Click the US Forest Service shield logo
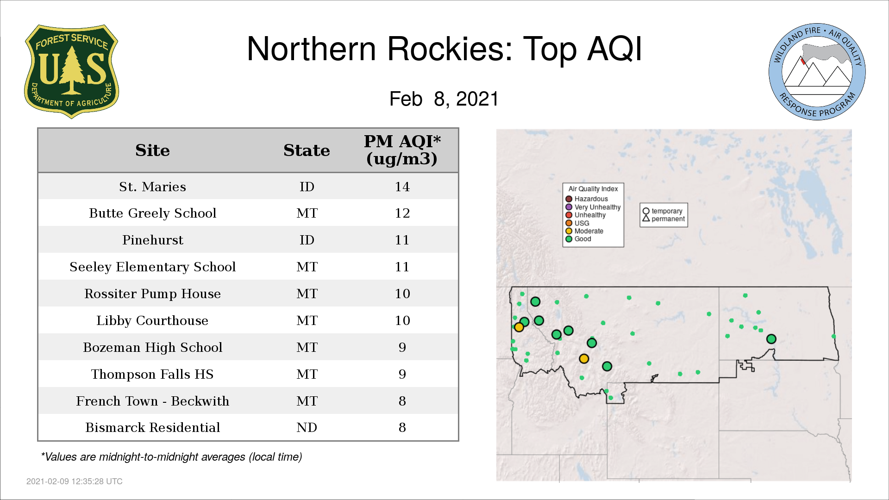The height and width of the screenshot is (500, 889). click(x=72, y=72)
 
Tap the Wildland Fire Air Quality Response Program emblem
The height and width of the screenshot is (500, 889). click(x=817, y=72)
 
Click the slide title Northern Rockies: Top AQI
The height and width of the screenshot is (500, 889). click(x=444, y=49)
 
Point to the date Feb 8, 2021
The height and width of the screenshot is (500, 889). click(x=444, y=99)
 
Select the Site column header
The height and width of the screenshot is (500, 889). click(x=152, y=150)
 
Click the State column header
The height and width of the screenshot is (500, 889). click(x=307, y=150)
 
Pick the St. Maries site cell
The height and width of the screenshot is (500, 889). click(x=152, y=187)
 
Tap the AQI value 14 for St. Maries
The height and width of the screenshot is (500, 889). click(x=402, y=187)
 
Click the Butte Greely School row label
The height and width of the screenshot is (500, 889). click(x=152, y=213)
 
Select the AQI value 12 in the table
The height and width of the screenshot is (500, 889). click(x=402, y=213)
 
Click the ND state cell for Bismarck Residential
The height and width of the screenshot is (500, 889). click(x=307, y=427)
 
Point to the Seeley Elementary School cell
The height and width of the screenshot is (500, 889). click(x=152, y=267)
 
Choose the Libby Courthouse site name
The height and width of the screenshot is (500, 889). click(x=152, y=320)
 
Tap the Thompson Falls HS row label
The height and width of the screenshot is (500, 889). click(x=152, y=374)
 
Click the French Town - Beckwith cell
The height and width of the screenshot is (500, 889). click(x=152, y=401)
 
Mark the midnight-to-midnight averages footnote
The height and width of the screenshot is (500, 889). click(x=171, y=457)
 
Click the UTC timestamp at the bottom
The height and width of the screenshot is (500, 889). click(x=75, y=481)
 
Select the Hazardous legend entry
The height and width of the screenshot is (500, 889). click(x=587, y=199)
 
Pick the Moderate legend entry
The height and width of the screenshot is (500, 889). click(x=585, y=231)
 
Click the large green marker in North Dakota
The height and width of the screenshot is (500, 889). click(x=771, y=339)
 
